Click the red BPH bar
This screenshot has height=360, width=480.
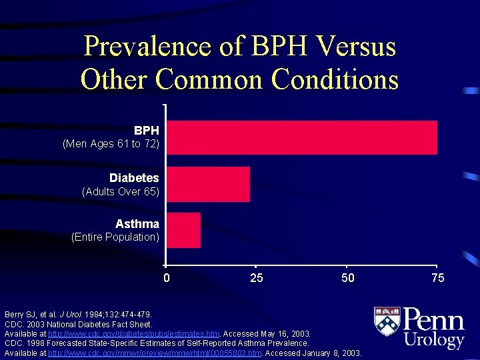302,137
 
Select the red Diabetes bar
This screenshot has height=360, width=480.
209,184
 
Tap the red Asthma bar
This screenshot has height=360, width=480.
184,230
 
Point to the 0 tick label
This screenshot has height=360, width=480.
167,278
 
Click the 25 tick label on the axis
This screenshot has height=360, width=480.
257,278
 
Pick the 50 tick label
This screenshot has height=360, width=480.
347,278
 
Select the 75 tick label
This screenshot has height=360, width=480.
437,278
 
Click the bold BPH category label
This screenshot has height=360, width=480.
146,131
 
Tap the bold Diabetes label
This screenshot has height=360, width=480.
134,178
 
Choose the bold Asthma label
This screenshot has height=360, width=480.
137,224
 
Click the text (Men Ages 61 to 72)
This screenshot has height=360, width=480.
111,144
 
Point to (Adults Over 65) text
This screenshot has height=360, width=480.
121,191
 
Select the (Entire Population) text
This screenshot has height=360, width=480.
115,237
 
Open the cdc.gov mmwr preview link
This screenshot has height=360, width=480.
155,353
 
